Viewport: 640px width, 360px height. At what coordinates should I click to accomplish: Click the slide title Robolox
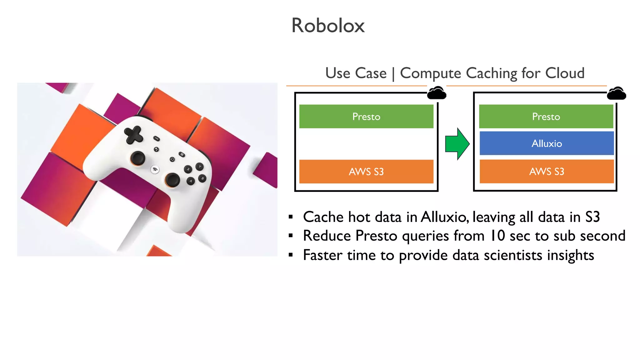tap(328, 25)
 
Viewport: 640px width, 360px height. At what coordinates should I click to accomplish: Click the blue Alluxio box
tap(547, 143)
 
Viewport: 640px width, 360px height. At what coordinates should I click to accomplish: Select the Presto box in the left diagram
tap(366, 117)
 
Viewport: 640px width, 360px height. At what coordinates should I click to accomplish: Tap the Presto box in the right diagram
tap(546, 117)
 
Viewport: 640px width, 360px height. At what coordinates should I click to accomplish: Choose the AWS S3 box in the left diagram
tap(366, 172)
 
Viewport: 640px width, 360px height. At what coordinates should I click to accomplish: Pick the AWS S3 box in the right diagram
tap(547, 172)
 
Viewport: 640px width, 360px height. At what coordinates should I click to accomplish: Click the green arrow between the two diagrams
tap(457, 144)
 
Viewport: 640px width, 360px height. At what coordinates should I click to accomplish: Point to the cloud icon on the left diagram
tap(437, 93)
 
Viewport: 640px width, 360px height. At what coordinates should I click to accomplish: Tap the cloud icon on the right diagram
tap(616, 93)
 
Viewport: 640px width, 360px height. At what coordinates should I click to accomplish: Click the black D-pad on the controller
tap(134, 135)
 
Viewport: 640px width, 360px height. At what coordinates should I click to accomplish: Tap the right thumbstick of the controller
tap(172, 180)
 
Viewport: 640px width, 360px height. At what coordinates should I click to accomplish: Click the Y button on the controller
tap(199, 167)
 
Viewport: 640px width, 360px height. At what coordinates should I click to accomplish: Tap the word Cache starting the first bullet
tap(323, 217)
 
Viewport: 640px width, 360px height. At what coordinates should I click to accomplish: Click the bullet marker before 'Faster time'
tap(291, 255)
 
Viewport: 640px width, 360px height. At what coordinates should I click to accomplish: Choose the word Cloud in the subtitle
tap(565, 73)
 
